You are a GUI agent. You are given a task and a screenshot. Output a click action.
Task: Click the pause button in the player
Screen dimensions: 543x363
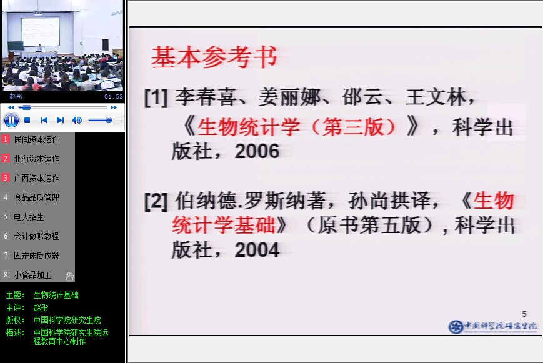pyautogui.click(x=11, y=120)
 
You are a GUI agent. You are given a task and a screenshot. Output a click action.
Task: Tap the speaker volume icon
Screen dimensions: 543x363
pyautogui.click(x=77, y=120)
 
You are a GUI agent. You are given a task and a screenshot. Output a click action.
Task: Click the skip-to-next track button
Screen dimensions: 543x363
pyautogui.click(x=60, y=120)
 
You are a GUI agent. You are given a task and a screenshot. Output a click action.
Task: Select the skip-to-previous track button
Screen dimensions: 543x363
pyautogui.click(x=44, y=120)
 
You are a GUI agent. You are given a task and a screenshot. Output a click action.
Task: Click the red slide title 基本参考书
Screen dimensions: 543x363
pyautogui.click(x=214, y=57)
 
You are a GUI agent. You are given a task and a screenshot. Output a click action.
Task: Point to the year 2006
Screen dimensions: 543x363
pyautogui.click(x=257, y=151)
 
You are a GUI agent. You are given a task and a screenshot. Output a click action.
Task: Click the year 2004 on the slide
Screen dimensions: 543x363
pyautogui.click(x=257, y=250)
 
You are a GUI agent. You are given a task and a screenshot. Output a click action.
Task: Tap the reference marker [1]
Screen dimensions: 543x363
pyautogui.click(x=156, y=97)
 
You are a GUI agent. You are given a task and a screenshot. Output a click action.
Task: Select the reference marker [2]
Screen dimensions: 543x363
pyautogui.click(x=156, y=202)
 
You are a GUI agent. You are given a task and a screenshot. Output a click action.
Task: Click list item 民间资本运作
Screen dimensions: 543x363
pyautogui.click(x=36, y=139)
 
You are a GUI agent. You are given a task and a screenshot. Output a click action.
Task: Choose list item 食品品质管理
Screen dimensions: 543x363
pyautogui.click(x=36, y=197)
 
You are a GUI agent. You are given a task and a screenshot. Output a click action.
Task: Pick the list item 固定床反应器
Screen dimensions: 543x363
pyautogui.click(x=36, y=256)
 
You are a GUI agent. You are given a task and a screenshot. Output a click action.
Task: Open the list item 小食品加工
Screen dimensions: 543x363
pyautogui.click(x=32, y=275)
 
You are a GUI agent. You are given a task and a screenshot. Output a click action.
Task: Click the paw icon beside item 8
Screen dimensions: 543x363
pyautogui.click(x=69, y=276)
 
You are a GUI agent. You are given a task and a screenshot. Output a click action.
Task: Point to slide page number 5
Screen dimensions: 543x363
pyautogui.click(x=524, y=314)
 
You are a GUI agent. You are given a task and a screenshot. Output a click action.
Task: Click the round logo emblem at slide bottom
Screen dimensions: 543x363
pyautogui.click(x=456, y=327)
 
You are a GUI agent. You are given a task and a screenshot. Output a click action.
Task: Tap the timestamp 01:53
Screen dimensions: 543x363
pyautogui.click(x=114, y=97)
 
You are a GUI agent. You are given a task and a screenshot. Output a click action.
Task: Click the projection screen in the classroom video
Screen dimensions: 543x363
pyautogui.click(x=40, y=31)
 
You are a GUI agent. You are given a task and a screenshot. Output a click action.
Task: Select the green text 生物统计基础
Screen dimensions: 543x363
pyautogui.click(x=56, y=295)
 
